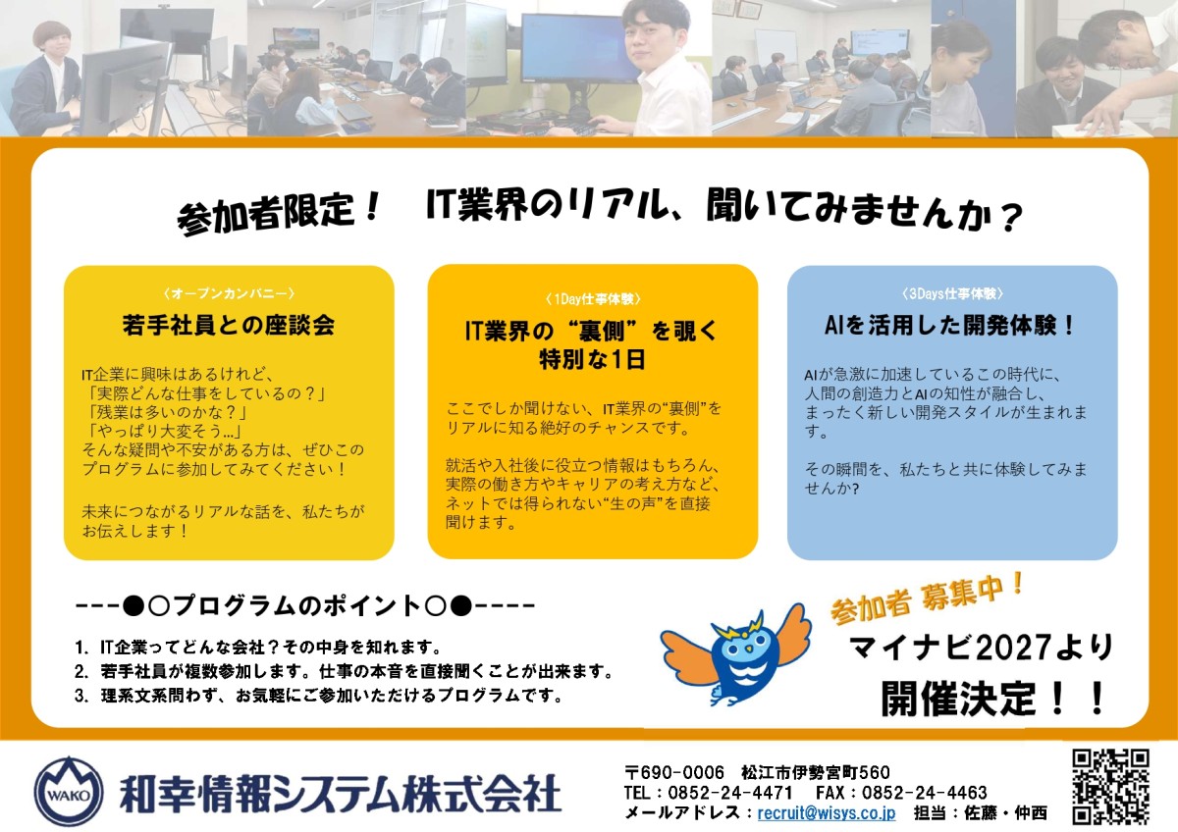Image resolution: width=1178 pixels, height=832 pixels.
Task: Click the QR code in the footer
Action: point(1110,787)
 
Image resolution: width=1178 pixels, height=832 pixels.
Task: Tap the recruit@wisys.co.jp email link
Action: point(827,812)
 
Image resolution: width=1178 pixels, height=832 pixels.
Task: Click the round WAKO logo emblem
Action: point(69,791)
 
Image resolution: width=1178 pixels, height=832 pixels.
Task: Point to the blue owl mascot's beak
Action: point(748,650)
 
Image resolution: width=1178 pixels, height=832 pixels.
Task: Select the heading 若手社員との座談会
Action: point(229,325)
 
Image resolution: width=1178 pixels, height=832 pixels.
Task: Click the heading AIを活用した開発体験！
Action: point(951,325)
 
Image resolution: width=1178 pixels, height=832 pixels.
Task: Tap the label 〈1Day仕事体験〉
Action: point(593,299)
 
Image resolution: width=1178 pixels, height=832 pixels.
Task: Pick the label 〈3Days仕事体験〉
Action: point(952,293)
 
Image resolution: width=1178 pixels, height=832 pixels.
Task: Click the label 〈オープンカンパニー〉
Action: point(229,292)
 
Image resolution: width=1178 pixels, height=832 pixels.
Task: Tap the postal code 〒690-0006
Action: point(674,772)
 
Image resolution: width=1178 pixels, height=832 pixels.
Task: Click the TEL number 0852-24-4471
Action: point(730,792)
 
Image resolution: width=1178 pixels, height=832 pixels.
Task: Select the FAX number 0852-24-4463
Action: point(924,792)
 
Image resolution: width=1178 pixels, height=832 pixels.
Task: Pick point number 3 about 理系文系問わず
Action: point(319,696)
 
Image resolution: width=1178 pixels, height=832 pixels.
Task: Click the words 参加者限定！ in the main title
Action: point(278,215)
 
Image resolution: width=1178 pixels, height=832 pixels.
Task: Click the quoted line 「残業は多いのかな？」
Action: point(168,411)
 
